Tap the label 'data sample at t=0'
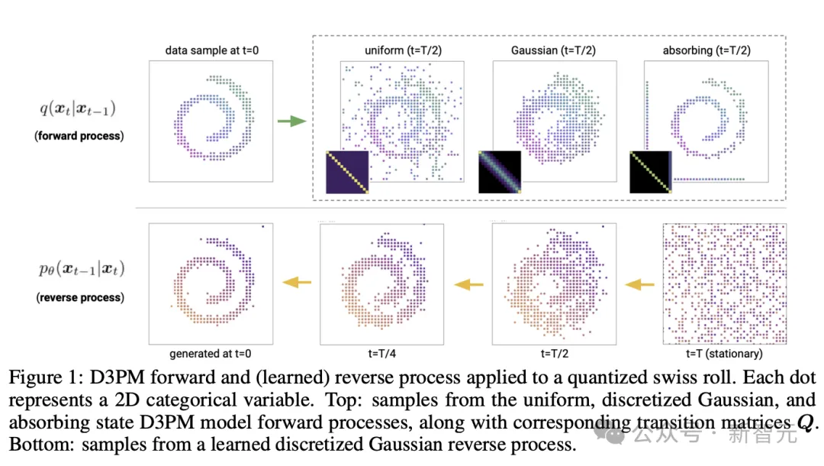pos(210,50)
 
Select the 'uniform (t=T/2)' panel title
pos(402,50)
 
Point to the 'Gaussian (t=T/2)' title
pos(553,50)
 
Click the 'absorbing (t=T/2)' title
pos(705,50)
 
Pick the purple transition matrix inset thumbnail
pos(347,172)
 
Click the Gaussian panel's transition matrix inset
pos(499,172)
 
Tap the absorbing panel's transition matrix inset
pos(650,172)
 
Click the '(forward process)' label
pos(79,136)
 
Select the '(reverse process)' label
pos(79,297)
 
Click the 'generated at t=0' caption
pos(210,354)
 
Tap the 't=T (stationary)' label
pos(724,354)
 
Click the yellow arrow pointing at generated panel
pos(297,283)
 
